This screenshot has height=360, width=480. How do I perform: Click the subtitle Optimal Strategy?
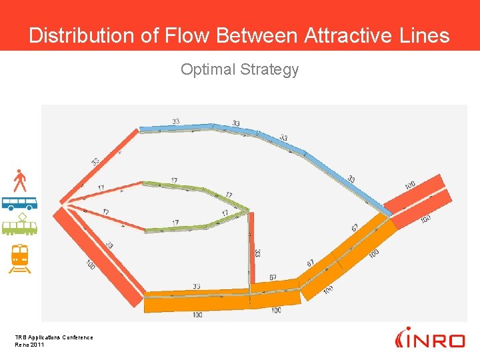239,69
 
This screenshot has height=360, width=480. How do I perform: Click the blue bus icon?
19,203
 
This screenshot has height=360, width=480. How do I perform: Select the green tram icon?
19,226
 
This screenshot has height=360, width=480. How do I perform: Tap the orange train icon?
19,258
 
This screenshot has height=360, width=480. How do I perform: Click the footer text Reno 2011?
29,345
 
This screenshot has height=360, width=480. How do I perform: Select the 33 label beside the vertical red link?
257,253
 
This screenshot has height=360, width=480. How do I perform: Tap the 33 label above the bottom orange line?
196,287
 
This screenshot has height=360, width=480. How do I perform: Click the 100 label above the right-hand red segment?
409,185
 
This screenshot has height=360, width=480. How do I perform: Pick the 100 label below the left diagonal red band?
91,265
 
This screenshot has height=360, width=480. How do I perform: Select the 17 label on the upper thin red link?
101,188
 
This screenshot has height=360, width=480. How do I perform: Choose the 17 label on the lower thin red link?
105,212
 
